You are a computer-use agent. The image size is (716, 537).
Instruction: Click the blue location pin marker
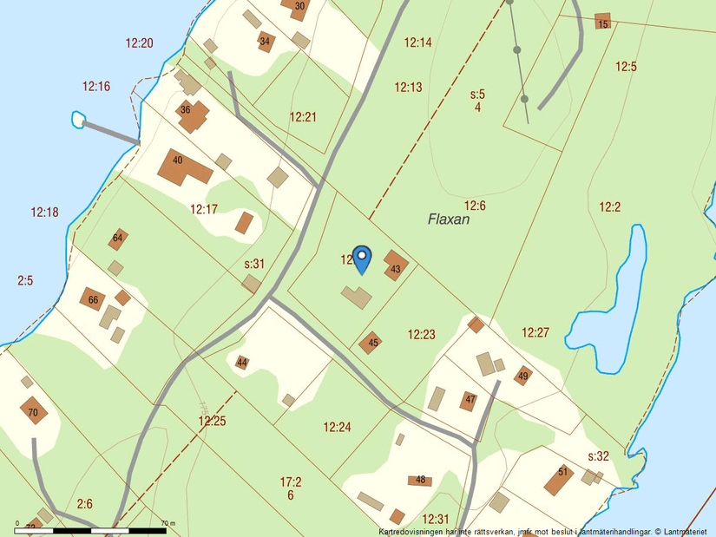362,259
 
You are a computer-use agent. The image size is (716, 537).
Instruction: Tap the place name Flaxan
449,219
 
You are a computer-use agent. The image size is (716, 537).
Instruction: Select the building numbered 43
396,265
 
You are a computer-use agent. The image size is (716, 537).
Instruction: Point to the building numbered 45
371,343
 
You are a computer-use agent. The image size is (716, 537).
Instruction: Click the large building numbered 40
182,166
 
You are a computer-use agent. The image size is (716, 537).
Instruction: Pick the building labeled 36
193,115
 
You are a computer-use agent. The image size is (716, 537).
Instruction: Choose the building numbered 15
602,22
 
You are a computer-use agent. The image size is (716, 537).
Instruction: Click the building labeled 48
420,480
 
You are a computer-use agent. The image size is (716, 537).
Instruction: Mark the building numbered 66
93,300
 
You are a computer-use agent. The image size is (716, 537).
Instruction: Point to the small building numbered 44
242,363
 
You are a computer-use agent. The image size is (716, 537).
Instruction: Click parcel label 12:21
303,117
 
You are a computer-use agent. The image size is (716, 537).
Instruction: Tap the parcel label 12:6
475,206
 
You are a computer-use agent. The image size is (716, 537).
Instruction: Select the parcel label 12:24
337,427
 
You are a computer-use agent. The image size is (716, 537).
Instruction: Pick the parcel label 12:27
535,332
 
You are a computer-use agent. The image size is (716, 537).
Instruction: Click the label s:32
599,456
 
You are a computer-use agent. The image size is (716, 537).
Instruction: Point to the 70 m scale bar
90,529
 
